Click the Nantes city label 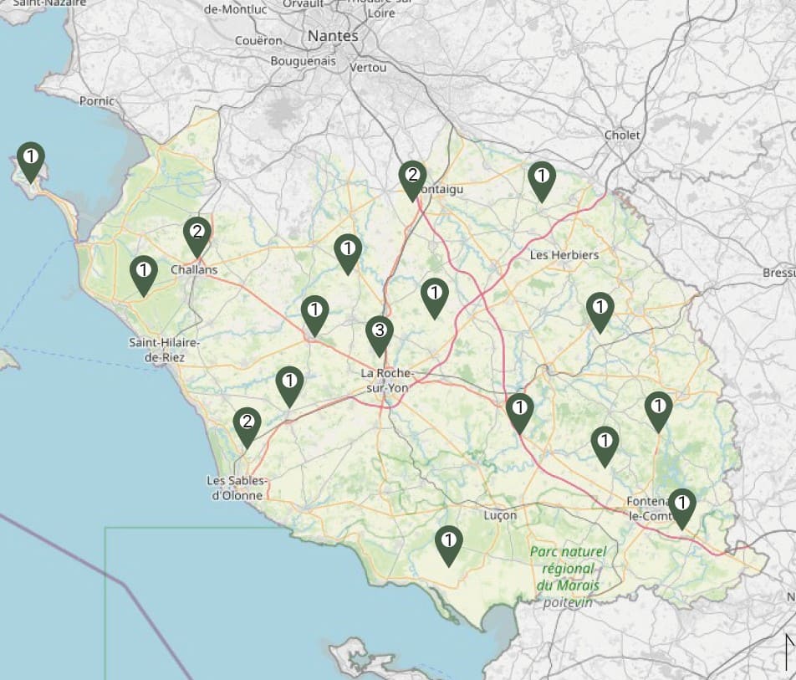click(333, 36)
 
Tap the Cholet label click(622, 135)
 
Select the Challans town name click(194, 270)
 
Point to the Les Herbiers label click(564, 254)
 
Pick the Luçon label click(501, 515)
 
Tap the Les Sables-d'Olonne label click(238, 488)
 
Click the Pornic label click(97, 101)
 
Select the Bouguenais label click(303, 61)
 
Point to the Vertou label click(369, 67)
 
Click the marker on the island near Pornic click(31, 160)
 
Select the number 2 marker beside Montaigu click(411, 178)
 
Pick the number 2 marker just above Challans click(197, 235)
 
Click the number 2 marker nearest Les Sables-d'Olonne click(247, 425)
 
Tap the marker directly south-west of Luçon click(449, 544)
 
